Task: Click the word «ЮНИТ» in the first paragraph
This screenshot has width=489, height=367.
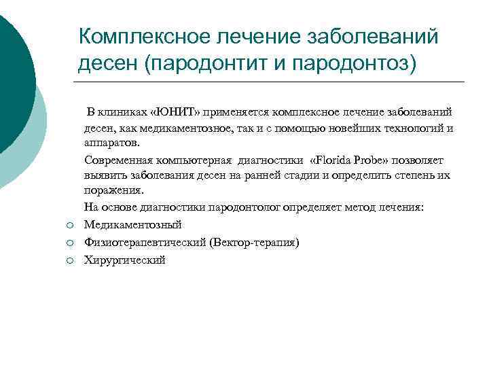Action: (x=170, y=111)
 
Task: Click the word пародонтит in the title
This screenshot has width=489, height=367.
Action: (x=211, y=63)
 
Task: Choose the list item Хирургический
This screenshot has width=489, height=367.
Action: (x=125, y=260)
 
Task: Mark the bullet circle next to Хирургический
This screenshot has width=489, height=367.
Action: (x=69, y=261)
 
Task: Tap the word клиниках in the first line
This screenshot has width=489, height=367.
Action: (x=124, y=111)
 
